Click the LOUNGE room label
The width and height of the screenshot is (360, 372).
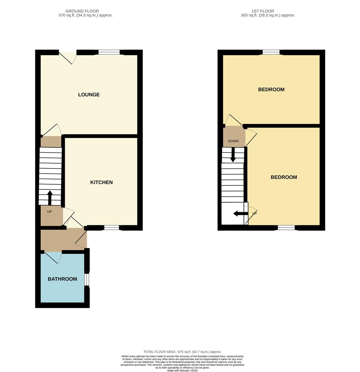pos(89,95)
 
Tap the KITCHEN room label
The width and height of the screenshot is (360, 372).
pos(101,183)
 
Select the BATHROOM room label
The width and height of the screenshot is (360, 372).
pos(62,279)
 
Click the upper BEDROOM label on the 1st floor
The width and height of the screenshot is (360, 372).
pos(271,90)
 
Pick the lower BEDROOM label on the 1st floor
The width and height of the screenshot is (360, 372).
pos(284,177)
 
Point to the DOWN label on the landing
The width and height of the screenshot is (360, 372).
pos(233,141)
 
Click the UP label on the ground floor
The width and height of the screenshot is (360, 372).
pos(49,211)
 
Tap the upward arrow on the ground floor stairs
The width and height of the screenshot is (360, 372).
pos(50,198)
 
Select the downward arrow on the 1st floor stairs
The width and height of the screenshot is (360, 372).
pos(233,155)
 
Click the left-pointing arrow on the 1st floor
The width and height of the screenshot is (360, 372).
pos(241,214)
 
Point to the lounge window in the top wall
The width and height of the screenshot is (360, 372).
pos(109,52)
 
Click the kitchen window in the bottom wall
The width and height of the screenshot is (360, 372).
pos(112,228)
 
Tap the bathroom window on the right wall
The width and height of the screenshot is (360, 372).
pos(87,279)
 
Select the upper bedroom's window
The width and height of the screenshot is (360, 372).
pos(271,52)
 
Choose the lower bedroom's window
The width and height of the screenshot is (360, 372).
pos(287,228)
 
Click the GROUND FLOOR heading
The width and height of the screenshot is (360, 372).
pos(82,11)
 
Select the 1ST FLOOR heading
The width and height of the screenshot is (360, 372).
pos(263,11)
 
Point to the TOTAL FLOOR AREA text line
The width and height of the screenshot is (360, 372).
pos(182,352)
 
